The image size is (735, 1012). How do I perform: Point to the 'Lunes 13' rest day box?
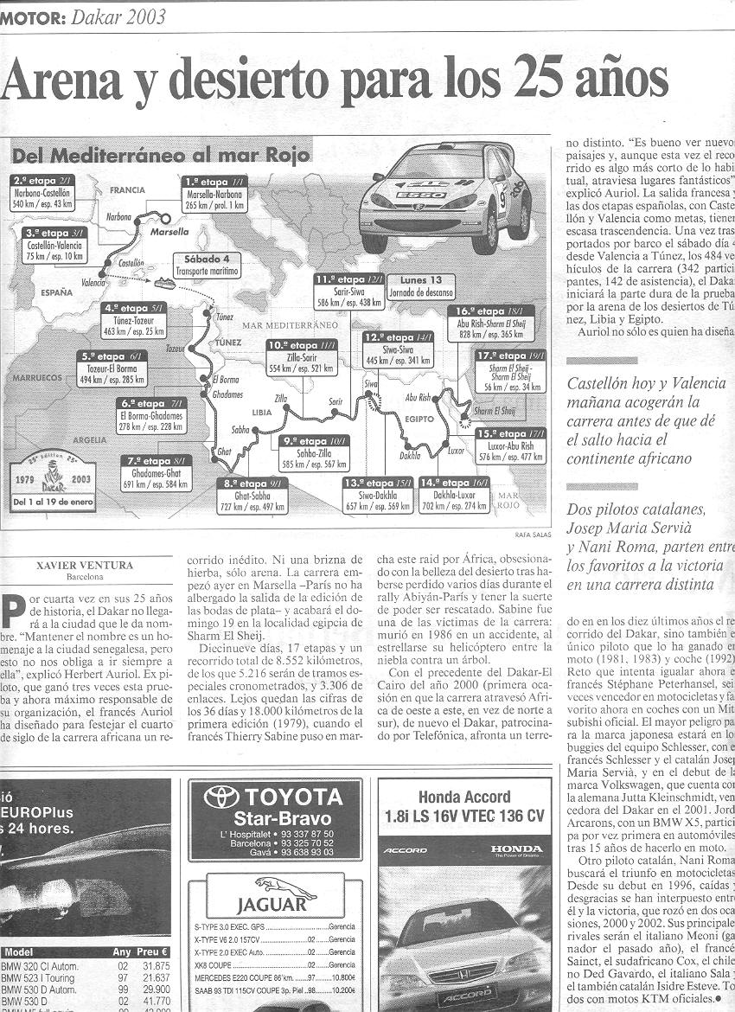[x=421, y=285]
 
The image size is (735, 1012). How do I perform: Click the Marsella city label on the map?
[x=169, y=232]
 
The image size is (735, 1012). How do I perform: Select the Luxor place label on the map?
[x=456, y=451]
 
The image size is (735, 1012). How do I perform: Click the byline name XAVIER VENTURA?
[x=85, y=566]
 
